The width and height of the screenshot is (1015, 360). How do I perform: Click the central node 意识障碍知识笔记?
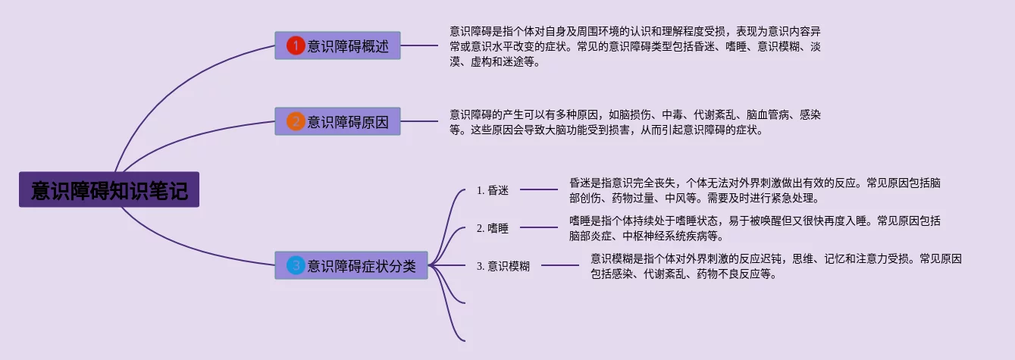(x=109, y=189)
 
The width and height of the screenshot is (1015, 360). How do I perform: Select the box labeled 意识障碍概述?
(x=337, y=45)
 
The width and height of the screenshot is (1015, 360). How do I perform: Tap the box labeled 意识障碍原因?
(x=337, y=121)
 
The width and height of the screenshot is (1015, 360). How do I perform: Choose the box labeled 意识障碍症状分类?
(x=351, y=265)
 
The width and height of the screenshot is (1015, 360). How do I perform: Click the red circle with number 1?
(x=296, y=45)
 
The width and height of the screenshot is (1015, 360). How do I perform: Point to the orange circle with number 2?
(x=296, y=122)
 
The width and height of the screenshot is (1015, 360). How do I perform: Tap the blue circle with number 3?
(x=296, y=265)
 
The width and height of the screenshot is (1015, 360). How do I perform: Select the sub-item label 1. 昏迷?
(x=493, y=190)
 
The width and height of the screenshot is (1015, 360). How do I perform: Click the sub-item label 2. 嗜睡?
(x=493, y=228)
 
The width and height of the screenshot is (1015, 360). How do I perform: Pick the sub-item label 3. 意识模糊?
(x=503, y=266)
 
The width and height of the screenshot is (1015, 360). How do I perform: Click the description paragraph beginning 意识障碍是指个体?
(x=634, y=47)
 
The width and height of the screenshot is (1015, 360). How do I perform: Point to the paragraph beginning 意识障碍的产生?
(x=634, y=122)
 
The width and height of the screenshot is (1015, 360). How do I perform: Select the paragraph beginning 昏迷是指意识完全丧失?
(x=755, y=191)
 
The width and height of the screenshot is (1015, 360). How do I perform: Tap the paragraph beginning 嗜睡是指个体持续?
(x=755, y=229)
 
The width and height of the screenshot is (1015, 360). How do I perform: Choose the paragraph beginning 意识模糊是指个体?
(x=776, y=266)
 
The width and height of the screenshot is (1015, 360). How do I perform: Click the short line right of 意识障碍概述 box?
(x=419, y=45)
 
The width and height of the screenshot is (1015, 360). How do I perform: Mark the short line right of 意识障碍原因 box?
(x=419, y=121)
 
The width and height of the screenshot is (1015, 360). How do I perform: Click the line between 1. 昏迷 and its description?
(x=539, y=189)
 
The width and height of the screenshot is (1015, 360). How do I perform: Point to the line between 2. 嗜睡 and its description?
(x=539, y=227)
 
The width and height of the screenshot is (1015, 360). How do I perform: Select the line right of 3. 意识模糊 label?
(x=560, y=265)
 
